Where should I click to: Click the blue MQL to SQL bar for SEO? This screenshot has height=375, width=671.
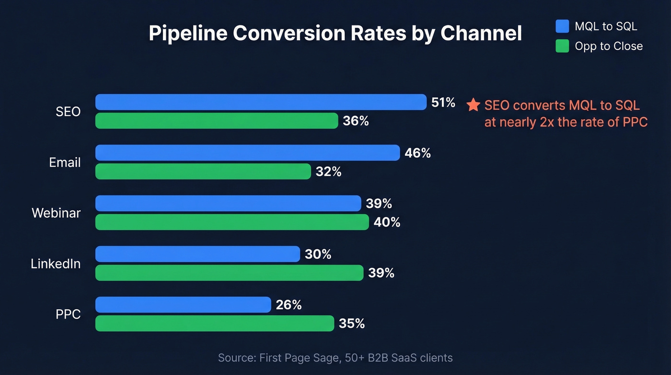(x=261, y=102)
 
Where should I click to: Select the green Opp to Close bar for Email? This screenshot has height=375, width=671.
(x=203, y=171)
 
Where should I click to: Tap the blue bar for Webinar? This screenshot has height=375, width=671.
(x=228, y=203)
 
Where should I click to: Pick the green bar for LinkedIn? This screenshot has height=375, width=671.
(x=229, y=273)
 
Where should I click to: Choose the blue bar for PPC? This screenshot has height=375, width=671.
(x=183, y=305)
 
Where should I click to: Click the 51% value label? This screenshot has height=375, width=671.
(x=443, y=102)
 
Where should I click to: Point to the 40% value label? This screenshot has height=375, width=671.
(x=387, y=222)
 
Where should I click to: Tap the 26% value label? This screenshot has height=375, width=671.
(x=289, y=305)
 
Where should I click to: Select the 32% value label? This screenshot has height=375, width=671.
(x=328, y=171)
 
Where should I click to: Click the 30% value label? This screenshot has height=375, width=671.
(x=318, y=254)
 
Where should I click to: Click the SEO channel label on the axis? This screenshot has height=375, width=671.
(x=68, y=112)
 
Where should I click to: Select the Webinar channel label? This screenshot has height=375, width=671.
(x=56, y=213)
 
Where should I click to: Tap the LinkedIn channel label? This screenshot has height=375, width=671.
(x=56, y=264)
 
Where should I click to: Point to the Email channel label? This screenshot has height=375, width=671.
(x=65, y=163)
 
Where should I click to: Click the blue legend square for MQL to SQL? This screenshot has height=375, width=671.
(x=562, y=26)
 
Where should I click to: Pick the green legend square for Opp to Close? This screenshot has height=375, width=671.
(x=562, y=46)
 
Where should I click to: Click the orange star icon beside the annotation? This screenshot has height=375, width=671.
(x=473, y=105)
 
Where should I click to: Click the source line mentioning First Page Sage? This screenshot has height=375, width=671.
(x=335, y=358)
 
